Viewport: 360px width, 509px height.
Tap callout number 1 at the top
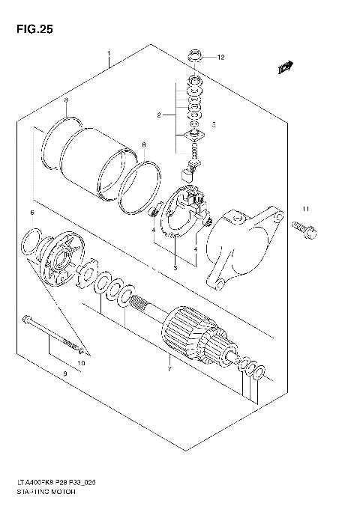(x=109, y=54)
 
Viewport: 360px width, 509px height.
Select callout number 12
(x=220, y=57)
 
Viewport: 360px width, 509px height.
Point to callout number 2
(x=159, y=115)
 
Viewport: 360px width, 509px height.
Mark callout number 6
(x=32, y=214)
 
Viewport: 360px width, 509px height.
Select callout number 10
(x=82, y=363)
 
